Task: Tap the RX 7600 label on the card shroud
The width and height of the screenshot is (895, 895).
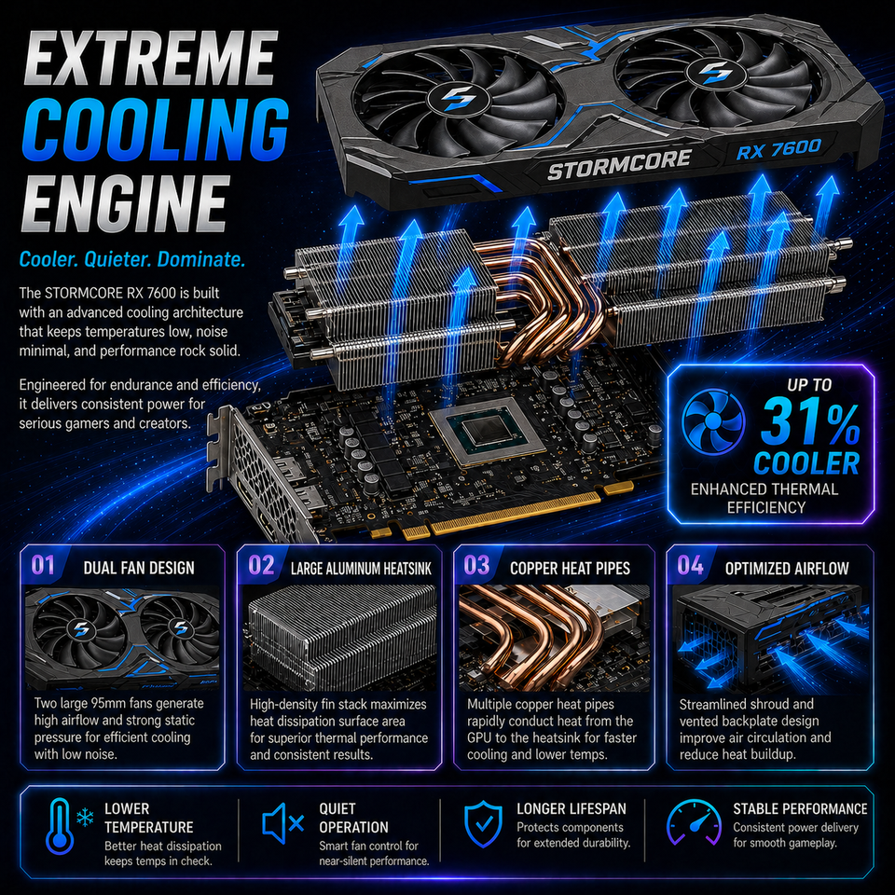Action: [x=778, y=149]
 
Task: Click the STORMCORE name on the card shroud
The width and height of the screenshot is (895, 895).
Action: [x=619, y=164]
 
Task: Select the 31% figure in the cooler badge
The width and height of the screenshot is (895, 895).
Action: [x=810, y=422]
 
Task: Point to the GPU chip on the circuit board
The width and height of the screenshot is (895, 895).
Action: [x=487, y=433]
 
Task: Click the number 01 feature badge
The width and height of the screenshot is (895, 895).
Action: [x=44, y=565]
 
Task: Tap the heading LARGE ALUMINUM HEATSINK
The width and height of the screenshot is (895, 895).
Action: [x=361, y=569]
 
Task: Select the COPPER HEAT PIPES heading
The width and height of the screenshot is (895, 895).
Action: [x=571, y=568]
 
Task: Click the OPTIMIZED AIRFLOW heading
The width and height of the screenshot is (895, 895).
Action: [x=787, y=569]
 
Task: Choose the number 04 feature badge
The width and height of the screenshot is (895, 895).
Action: [x=690, y=565]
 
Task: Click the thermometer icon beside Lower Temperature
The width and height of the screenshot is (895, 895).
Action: [x=60, y=827]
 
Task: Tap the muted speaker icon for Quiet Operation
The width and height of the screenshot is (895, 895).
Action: [x=282, y=823]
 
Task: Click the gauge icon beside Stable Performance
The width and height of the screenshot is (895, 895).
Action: [x=694, y=822]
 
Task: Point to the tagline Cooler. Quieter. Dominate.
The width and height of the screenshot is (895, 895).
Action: [x=132, y=260]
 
